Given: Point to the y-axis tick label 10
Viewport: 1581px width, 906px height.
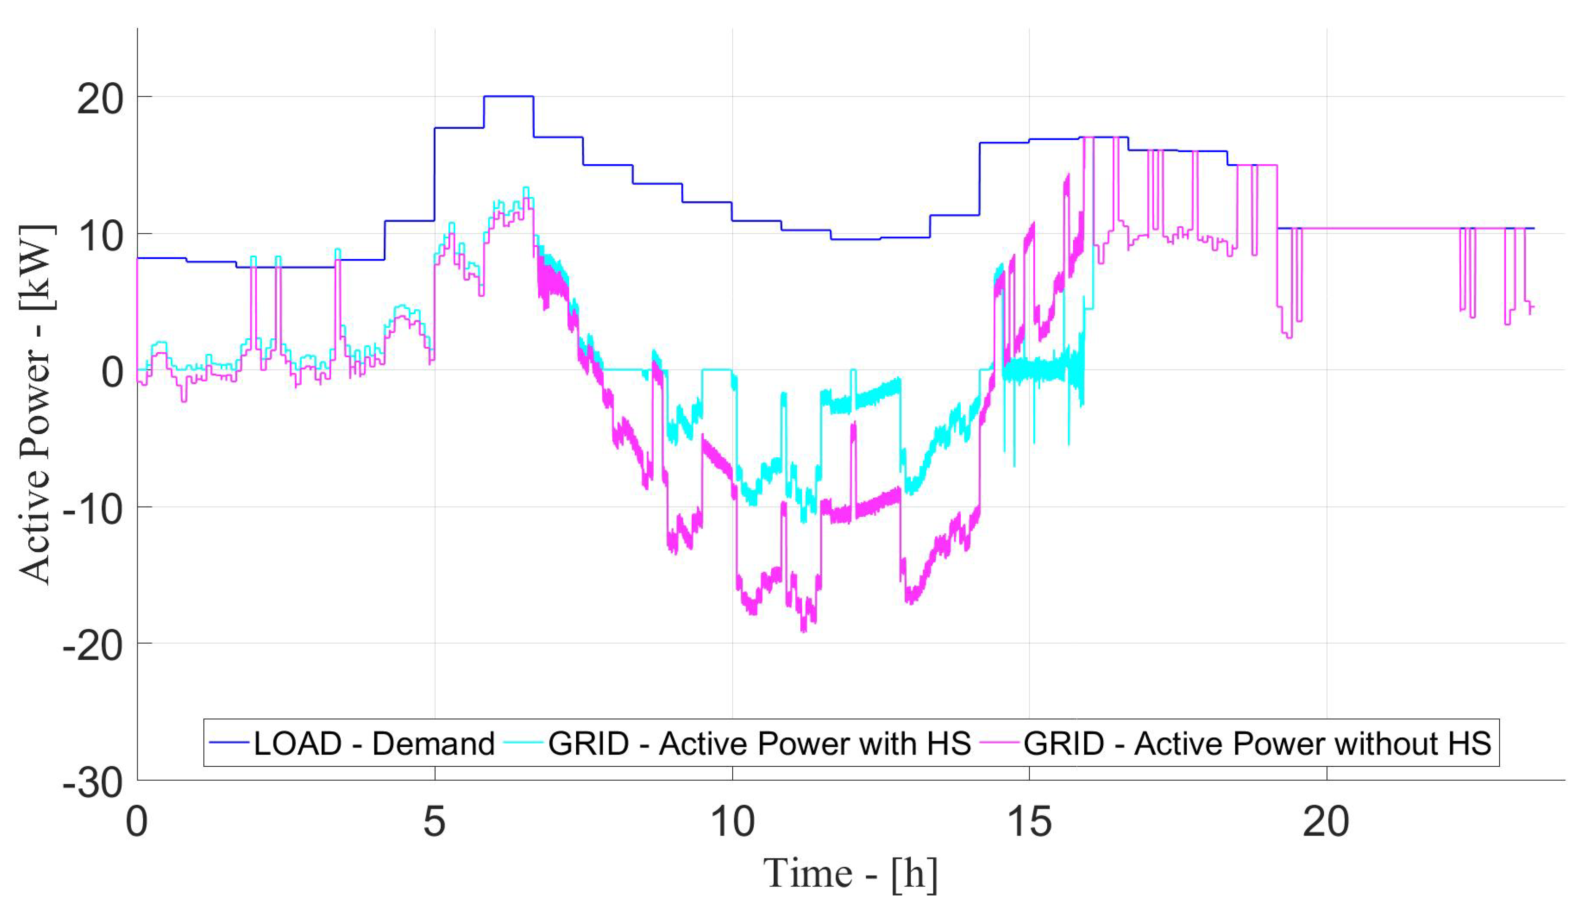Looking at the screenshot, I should (100, 237).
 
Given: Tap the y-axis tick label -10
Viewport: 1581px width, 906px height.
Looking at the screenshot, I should (92, 510).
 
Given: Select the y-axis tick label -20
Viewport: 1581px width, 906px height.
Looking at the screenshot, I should (92, 646).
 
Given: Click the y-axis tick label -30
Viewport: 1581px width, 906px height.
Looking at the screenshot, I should (92, 783).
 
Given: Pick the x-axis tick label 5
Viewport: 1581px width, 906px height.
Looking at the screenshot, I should (434, 821).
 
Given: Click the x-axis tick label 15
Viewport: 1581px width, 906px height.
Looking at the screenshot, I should (1029, 821).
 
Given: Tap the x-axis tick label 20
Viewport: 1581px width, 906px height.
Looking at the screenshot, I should (1327, 821).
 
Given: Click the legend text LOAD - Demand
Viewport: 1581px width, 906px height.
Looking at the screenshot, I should (374, 744).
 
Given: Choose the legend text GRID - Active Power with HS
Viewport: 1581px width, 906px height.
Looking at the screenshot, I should (759, 744).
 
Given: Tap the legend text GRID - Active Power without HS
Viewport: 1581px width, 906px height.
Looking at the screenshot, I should (1257, 744).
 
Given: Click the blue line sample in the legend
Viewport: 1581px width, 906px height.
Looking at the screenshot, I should (229, 742).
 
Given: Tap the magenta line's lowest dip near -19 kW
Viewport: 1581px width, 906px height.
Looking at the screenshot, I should (804, 630).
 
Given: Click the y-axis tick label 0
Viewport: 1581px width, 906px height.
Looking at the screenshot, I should (112, 373).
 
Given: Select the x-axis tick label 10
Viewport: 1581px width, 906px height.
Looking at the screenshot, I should (732, 821).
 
